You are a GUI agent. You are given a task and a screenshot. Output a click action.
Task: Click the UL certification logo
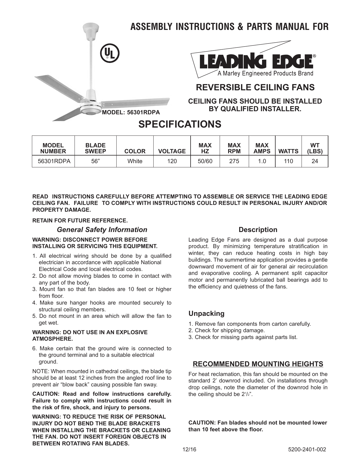[110, 54]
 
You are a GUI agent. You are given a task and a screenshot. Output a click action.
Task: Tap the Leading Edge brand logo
[256, 62]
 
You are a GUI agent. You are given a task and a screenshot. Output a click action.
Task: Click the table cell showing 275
[234, 161]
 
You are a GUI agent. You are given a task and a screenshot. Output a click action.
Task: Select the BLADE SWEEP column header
[95, 148]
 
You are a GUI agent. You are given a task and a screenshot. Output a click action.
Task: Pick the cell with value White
[135, 161]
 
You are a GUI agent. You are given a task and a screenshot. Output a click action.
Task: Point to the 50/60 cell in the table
[205, 161]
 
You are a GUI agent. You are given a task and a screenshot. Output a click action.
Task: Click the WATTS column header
[288, 151]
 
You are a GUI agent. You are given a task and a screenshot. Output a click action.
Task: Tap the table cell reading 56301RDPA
[53, 161]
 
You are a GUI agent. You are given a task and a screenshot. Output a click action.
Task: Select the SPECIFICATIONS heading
[180, 124]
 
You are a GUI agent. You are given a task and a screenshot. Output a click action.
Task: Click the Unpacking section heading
[206, 314]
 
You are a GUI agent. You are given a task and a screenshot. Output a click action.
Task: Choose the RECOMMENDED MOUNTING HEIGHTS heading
[258, 364]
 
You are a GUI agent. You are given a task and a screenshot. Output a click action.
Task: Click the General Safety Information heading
[102, 230]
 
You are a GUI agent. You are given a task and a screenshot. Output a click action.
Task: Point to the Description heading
[258, 230]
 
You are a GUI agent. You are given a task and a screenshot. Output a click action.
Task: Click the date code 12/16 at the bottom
[189, 450]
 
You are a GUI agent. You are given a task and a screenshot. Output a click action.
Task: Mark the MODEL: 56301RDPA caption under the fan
[131, 112]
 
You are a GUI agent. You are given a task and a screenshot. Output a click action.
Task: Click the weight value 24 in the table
[315, 161]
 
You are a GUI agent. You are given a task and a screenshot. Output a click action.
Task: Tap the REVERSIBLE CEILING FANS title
[255, 87]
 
